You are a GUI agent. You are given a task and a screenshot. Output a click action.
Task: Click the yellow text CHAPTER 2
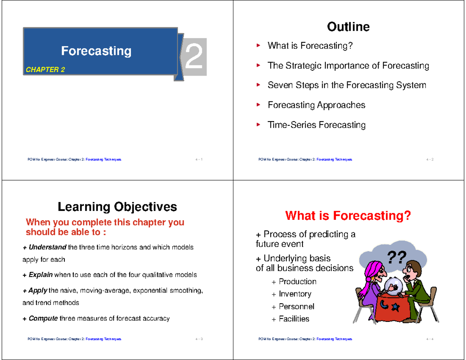tap(45, 70)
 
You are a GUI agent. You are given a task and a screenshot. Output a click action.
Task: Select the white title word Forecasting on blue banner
tap(96, 51)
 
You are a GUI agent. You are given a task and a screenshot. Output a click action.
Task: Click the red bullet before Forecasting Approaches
tap(258, 105)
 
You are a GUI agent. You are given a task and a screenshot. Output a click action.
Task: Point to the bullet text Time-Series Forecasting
tap(316, 125)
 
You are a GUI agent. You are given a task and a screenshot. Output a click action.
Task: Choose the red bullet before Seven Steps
tap(258, 85)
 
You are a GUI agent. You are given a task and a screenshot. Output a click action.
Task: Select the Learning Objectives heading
tap(117, 207)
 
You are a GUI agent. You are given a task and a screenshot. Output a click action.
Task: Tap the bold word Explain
tap(40, 275)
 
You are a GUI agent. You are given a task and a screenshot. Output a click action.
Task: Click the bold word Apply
tap(38, 290)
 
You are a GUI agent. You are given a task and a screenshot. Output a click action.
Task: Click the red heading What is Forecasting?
tap(348, 215)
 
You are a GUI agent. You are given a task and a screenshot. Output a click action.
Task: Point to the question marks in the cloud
tap(396, 256)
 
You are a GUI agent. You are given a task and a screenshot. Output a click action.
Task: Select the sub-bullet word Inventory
tap(295, 294)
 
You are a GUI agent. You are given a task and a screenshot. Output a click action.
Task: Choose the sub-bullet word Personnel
tap(296, 306)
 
